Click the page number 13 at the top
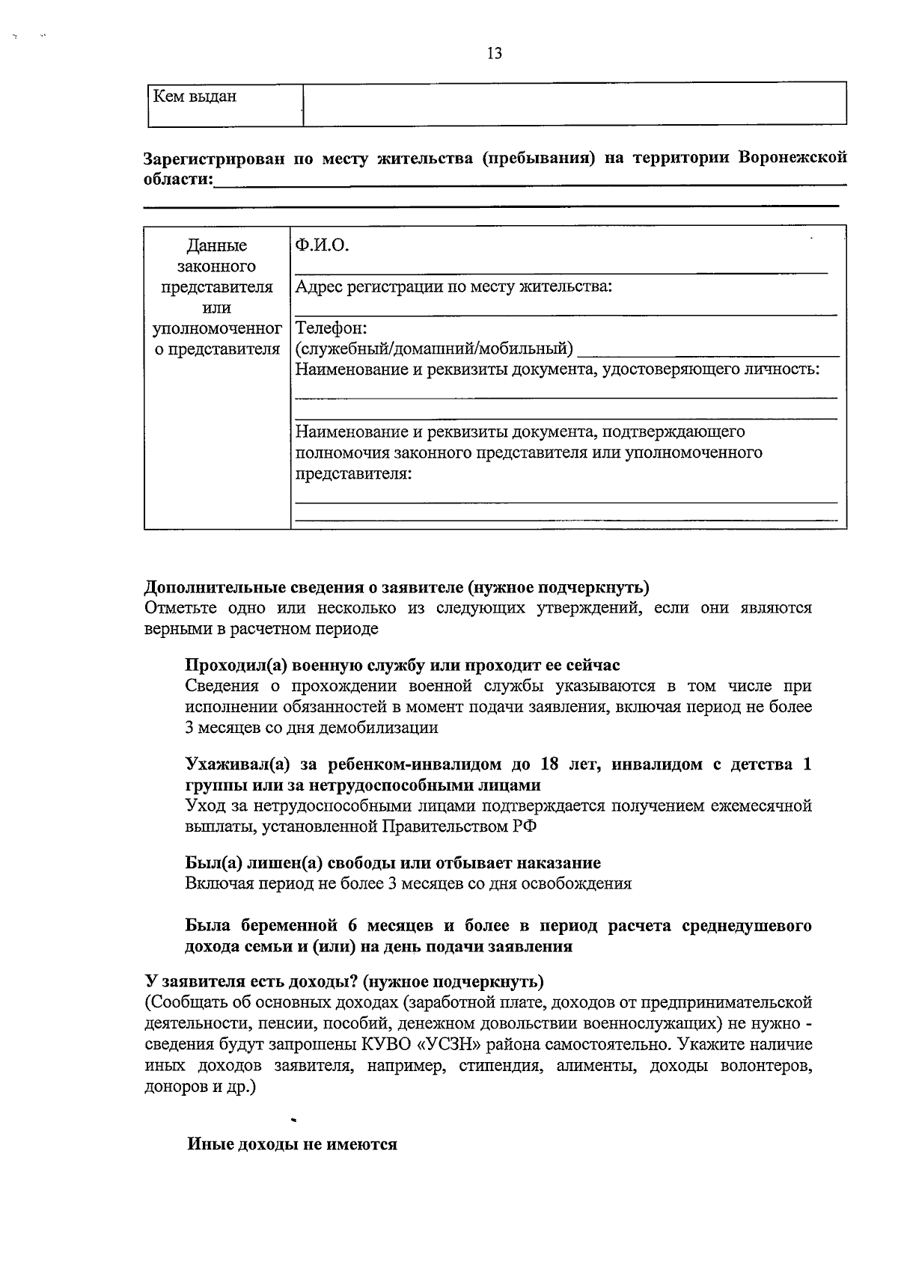coord(494,53)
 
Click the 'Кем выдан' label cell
coord(195,96)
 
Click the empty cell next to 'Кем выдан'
coord(574,103)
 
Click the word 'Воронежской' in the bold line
coord(792,158)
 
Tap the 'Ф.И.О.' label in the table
coord(323,245)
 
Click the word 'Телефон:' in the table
coord(331,328)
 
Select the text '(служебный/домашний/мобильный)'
coord(435,349)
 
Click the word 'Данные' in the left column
coord(216,245)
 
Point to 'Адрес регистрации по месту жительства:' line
coord(453,286)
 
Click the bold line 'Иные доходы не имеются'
coord(292,1144)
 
